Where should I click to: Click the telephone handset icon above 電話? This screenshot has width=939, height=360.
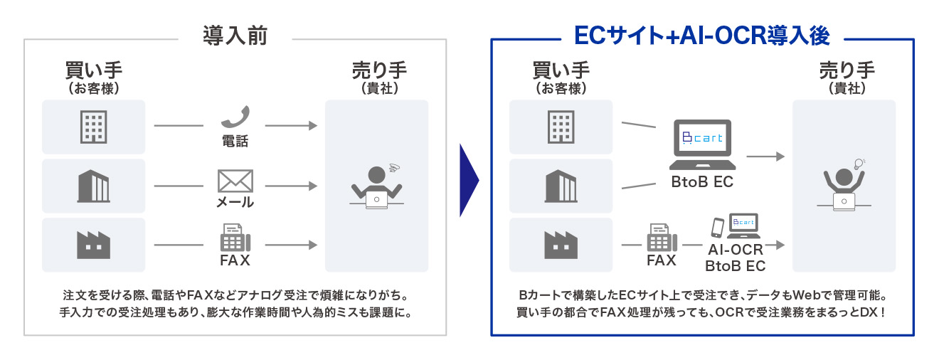234,117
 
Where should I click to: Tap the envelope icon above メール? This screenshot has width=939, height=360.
235,180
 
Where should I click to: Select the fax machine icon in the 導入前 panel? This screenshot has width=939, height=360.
234,237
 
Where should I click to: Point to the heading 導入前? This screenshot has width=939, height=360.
234,36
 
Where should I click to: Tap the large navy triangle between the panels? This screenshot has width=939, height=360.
469,181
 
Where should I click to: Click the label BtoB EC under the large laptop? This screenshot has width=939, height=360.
702,182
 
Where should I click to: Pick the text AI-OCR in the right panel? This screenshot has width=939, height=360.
735,250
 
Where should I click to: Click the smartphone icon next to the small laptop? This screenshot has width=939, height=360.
718,227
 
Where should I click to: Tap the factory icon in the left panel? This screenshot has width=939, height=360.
93,245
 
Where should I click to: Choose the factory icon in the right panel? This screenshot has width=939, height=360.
561,244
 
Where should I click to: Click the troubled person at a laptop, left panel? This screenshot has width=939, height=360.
376,186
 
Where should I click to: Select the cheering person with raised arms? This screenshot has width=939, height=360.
844,187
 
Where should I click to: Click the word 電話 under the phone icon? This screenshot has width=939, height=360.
234,141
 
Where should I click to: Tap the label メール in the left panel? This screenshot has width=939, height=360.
235,202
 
